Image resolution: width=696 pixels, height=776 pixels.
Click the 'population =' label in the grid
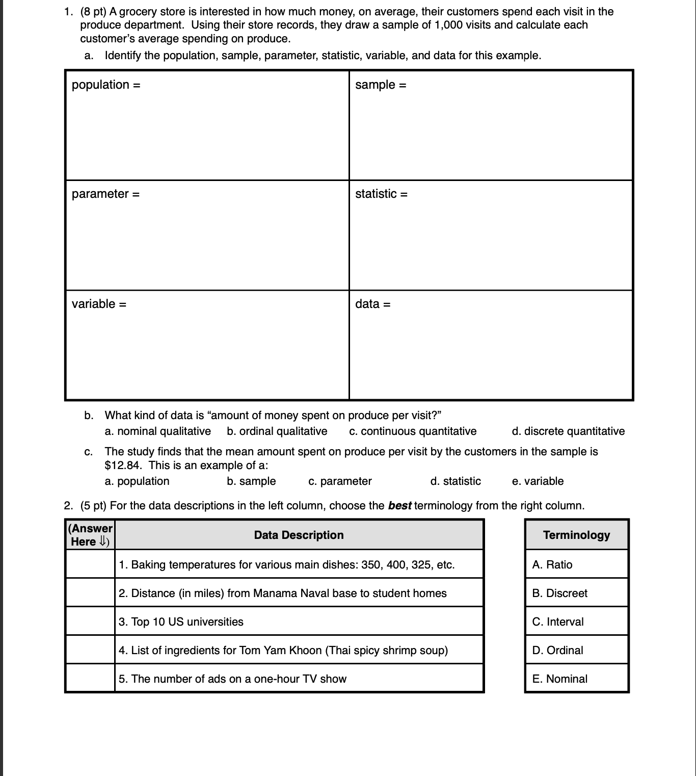pyautogui.click(x=106, y=85)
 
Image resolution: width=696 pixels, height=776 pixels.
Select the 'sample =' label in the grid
pyautogui.click(x=381, y=85)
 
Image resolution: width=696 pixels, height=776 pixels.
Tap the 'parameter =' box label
pyautogui.click(x=105, y=194)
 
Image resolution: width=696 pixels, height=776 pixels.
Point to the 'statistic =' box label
pyautogui.click(x=381, y=194)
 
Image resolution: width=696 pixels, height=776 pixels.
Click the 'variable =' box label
pyautogui.click(x=99, y=304)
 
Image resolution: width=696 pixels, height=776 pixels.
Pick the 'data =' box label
pyautogui.click(x=372, y=304)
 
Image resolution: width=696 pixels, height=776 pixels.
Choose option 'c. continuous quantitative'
pyautogui.click(x=413, y=431)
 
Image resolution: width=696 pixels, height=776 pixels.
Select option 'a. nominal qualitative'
pyautogui.click(x=157, y=431)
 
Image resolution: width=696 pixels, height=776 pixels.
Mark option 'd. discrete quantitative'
pyautogui.click(x=568, y=431)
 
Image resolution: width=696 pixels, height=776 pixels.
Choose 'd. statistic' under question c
pyautogui.click(x=456, y=481)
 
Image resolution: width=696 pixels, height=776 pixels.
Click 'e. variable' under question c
pyautogui.click(x=538, y=481)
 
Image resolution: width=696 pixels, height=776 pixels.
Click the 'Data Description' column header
pyautogui.click(x=299, y=535)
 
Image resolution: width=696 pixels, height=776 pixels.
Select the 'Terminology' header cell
pyautogui.click(x=576, y=535)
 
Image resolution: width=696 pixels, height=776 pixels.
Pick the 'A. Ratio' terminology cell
pyautogui.click(x=576, y=564)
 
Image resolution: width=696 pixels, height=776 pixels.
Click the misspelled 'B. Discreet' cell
pyautogui.click(x=576, y=593)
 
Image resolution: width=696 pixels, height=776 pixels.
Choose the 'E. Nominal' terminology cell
pyautogui.click(x=576, y=679)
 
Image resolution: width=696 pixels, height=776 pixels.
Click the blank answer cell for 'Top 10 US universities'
pyautogui.click(x=90, y=622)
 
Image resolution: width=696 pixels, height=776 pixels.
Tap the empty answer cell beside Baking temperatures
pyautogui.click(x=90, y=564)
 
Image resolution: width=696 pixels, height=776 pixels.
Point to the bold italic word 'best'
pyautogui.click(x=399, y=506)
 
